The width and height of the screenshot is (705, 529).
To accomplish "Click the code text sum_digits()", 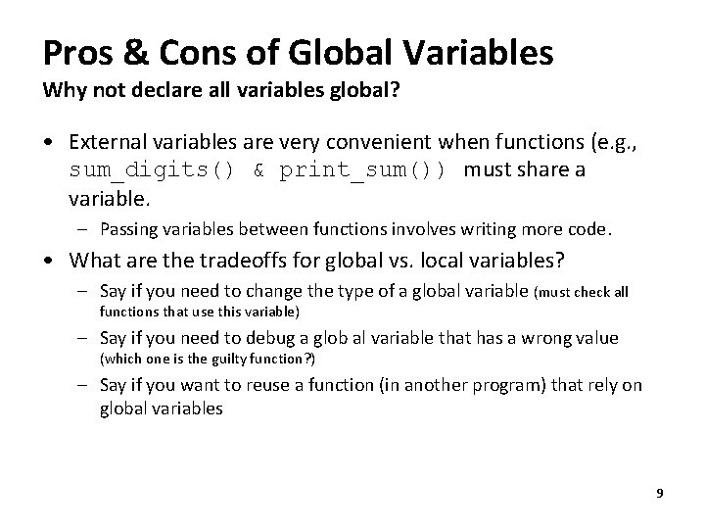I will (152, 170).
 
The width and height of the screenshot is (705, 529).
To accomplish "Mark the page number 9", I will (659, 493).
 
